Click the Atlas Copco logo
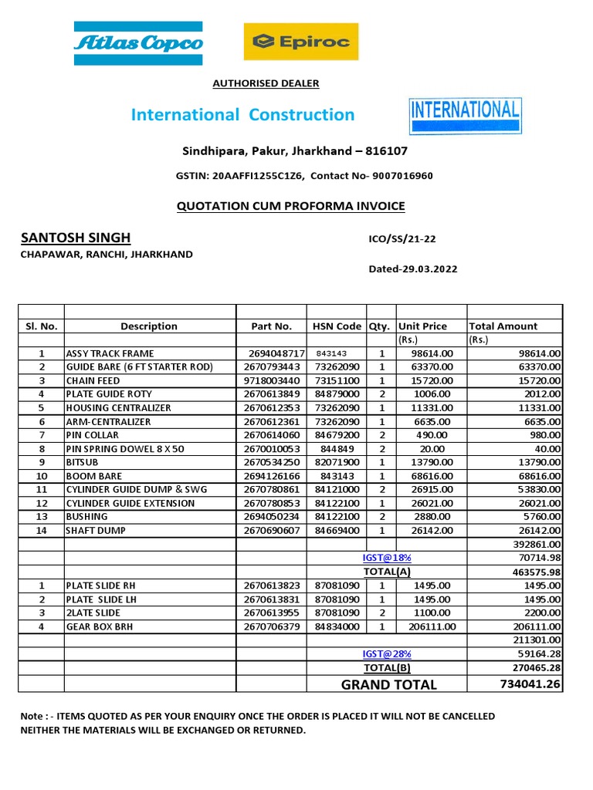pos(138,42)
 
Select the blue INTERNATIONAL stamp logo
pos(465,116)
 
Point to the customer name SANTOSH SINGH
pos(76,238)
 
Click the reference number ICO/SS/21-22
pos(403,239)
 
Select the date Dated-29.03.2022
pos(413,269)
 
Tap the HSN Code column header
pos(337,326)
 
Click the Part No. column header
pos(272,326)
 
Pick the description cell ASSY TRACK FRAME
pos(110,353)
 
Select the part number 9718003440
pos(272,380)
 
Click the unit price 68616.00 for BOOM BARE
pos(431,476)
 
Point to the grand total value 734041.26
pos(529,684)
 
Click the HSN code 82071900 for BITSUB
pos(337,462)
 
